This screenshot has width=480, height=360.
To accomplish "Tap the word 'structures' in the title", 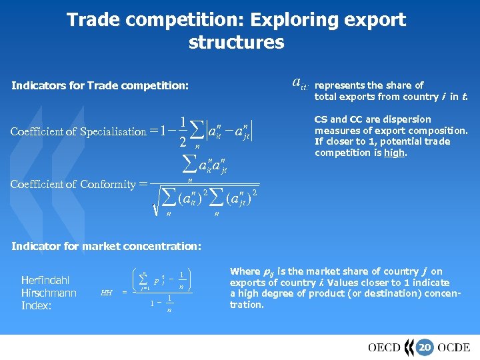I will click(x=236, y=43).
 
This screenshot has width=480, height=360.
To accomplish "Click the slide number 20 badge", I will click(x=424, y=347).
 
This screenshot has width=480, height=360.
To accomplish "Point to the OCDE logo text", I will click(x=454, y=347).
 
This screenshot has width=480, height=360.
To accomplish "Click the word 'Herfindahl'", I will click(x=45, y=280).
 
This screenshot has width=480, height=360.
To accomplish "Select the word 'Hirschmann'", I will click(x=49, y=293).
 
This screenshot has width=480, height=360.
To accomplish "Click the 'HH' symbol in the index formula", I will click(x=106, y=292).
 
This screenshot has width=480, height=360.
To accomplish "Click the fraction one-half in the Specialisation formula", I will click(x=183, y=131).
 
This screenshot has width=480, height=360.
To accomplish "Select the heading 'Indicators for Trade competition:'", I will click(x=100, y=86).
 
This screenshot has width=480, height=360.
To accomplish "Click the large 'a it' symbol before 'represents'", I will click(x=299, y=84).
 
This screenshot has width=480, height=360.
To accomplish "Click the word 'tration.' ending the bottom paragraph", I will click(x=247, y=305).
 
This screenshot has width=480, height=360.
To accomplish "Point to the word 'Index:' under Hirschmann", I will click(x=36, y=305).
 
